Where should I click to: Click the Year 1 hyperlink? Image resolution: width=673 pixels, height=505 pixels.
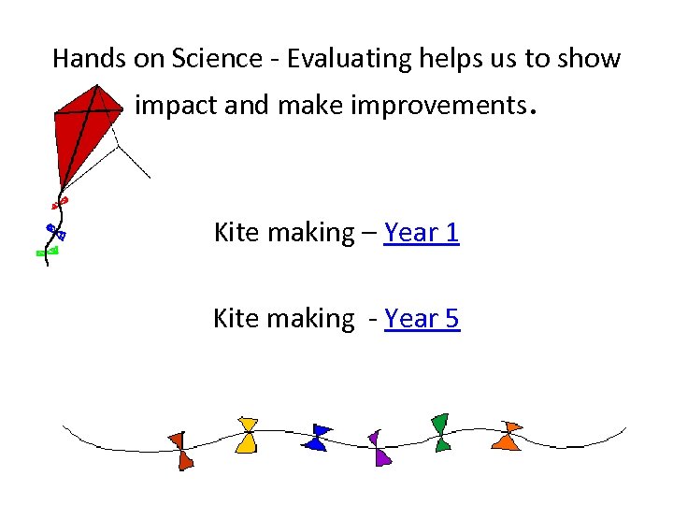422,232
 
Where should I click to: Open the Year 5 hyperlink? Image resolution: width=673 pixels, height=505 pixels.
422,319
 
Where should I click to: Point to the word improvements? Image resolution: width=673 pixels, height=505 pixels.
435,106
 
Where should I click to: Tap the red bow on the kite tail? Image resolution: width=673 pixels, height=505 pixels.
60,201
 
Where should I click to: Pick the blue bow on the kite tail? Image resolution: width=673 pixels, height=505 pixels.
55,231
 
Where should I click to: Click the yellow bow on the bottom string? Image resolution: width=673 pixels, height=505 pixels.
247,435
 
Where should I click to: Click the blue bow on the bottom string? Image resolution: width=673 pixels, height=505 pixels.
318,438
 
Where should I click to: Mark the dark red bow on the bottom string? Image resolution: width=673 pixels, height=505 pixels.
181,450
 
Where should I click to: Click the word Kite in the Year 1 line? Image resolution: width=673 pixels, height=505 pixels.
236,232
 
